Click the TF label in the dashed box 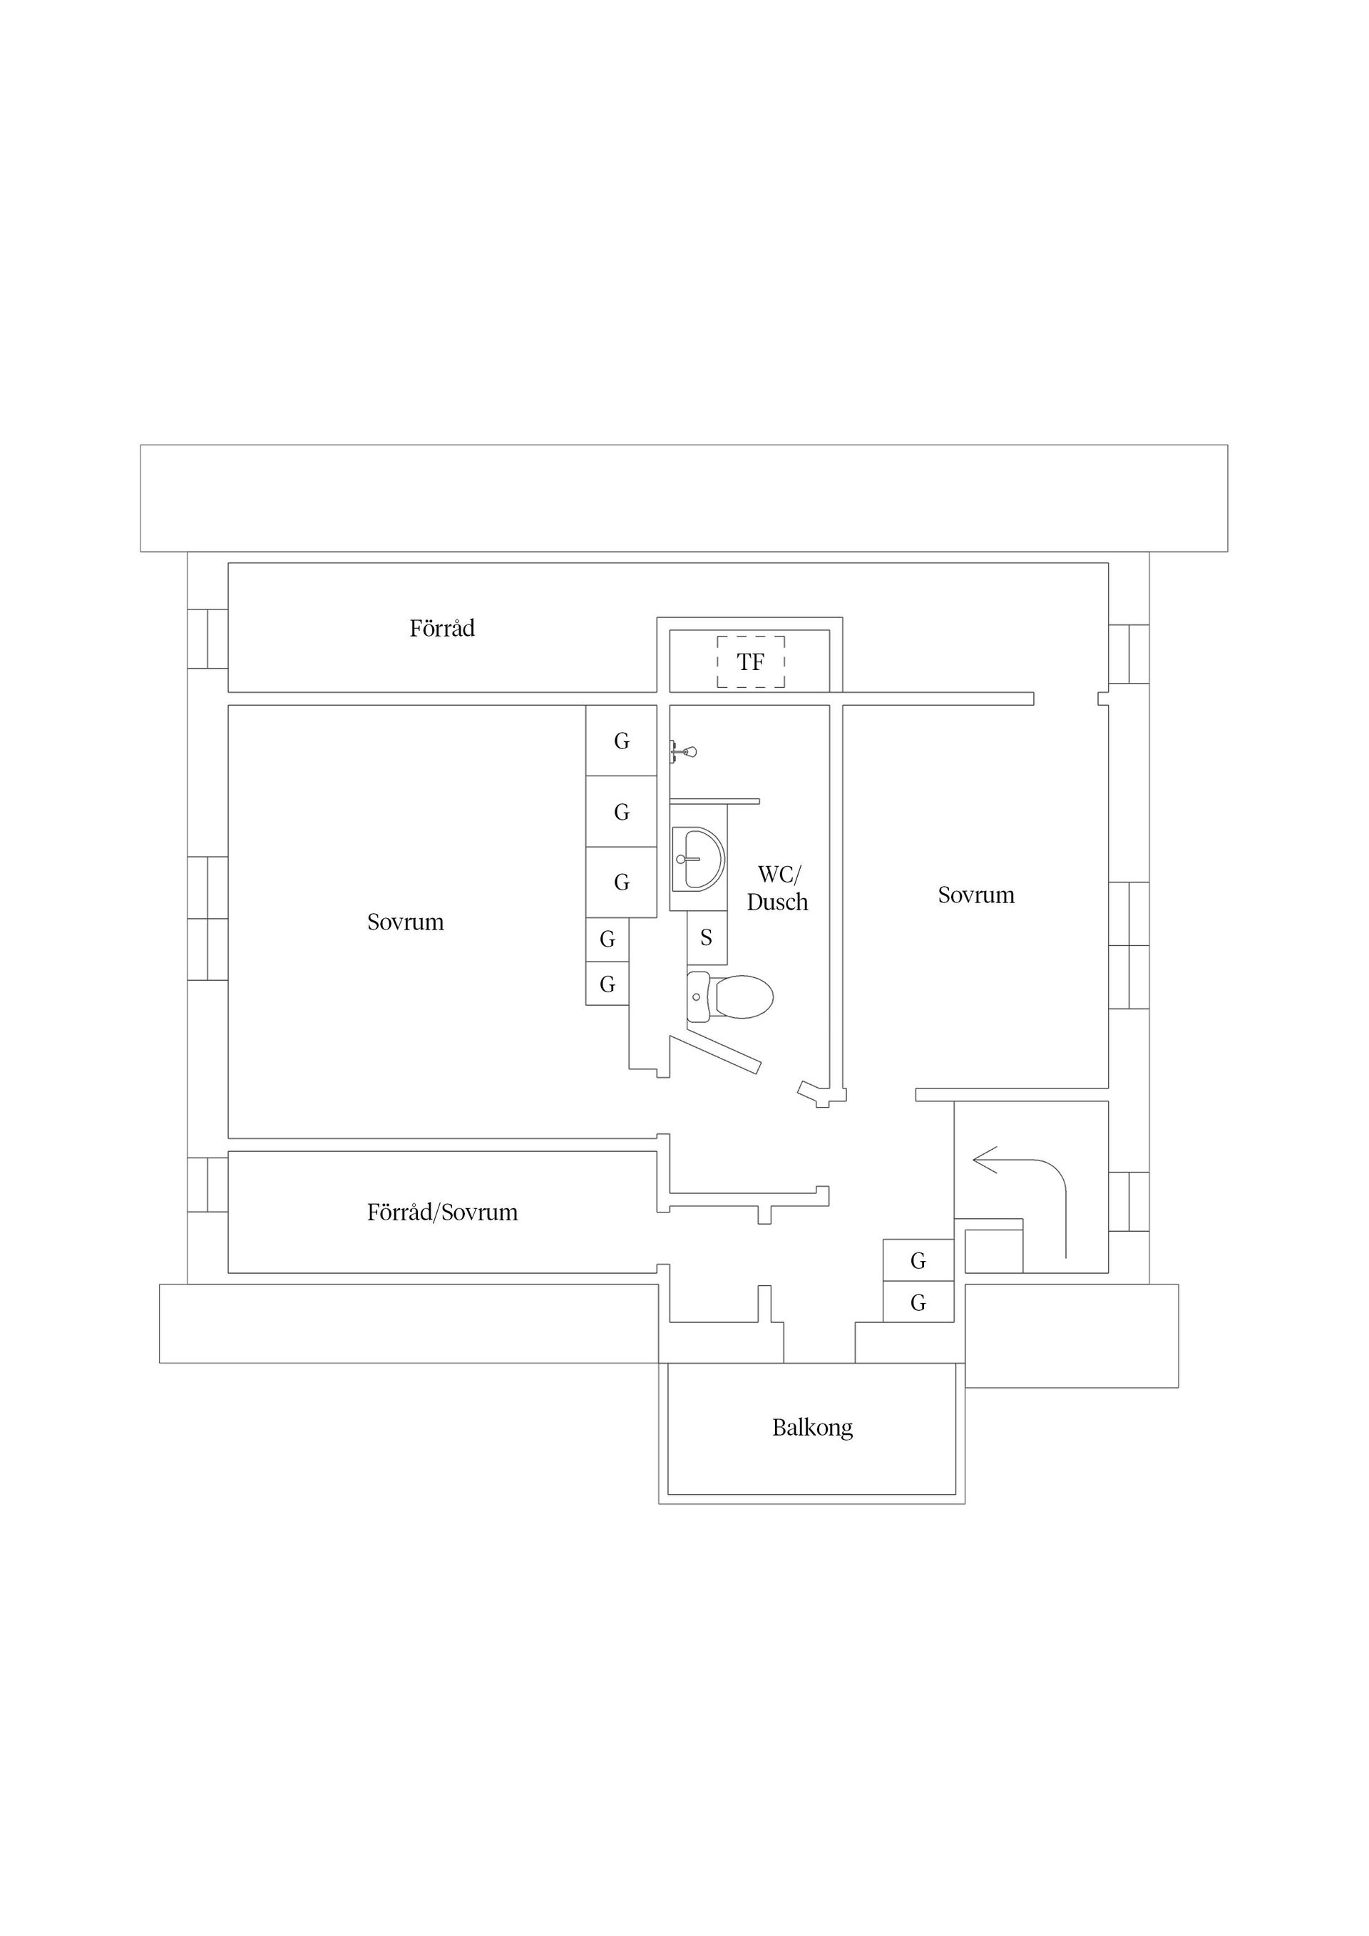750,662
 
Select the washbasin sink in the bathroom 697,859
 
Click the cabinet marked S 707,937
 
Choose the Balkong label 812,1428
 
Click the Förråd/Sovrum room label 442,1212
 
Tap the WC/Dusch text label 777,888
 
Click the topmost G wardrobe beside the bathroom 622,741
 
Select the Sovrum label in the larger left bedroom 405,922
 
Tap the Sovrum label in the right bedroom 976,895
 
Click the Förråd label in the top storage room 442,628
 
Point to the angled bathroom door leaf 717,1054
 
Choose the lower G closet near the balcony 918,1303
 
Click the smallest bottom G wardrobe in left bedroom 607,984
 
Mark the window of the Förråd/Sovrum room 207,1185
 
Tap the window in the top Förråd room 207,638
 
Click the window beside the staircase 1129,1202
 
